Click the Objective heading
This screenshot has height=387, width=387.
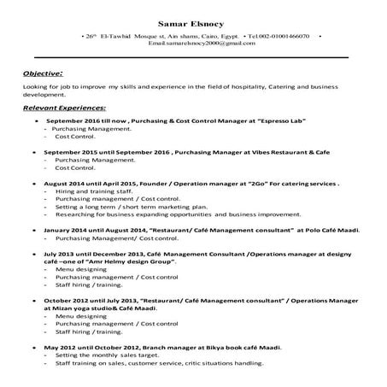click(x=43, y=73)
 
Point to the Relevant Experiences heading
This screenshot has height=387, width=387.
click(x=64, y=108)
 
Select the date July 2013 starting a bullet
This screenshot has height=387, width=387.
click(x=61, y=254)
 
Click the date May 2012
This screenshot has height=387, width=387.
click(x=60, y=348)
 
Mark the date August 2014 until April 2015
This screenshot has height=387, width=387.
click(x=84, y=184)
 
